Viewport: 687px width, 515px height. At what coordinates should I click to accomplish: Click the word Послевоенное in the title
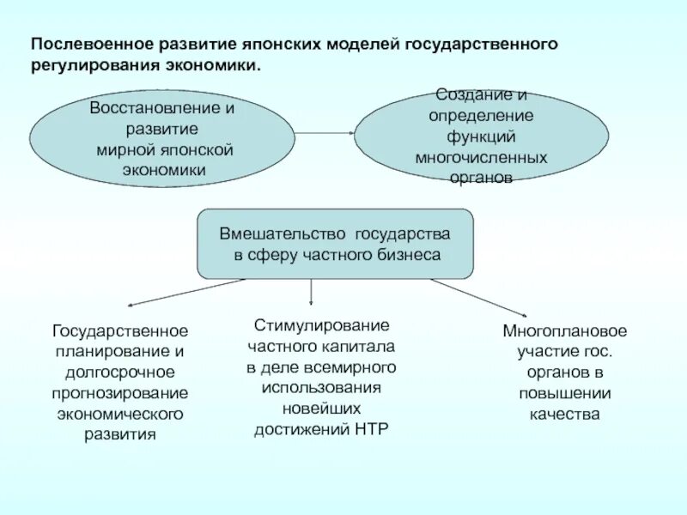tap(92, 43)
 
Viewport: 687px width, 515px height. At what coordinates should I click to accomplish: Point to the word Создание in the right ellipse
tap(471, 94)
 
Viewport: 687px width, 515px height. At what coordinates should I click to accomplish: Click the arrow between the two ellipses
tap(325, 133)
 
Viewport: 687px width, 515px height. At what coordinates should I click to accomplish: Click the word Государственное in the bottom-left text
tap(120, 330)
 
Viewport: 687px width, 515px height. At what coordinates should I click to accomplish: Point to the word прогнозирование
tap(120, 392)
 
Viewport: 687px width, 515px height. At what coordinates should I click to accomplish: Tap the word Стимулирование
tap(321, 326)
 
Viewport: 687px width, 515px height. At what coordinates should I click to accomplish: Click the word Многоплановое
tap(565, 331)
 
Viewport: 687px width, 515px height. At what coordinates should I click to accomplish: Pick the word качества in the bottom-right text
tap(565, 414)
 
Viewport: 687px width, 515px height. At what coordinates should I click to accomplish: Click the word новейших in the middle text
tap(321, 409)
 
